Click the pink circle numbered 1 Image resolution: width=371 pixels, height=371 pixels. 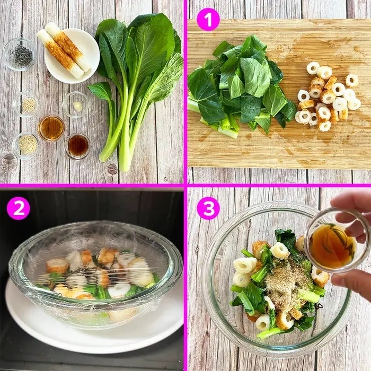(208, 19)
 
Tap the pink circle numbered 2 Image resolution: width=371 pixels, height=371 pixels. (19, 208)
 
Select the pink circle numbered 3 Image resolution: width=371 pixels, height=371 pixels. (208, 208)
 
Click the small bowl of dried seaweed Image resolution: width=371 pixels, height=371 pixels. (20, 54)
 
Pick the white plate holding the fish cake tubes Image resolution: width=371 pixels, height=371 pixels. (72, 56)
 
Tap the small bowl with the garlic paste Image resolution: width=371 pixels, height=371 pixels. (76, 104)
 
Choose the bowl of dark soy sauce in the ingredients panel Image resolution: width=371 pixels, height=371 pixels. (77, 146)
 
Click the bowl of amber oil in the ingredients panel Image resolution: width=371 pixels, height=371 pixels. (51, 128)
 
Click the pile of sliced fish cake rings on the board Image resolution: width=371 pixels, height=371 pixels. (328, 96)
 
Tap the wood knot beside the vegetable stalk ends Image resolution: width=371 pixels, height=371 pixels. (112, 169)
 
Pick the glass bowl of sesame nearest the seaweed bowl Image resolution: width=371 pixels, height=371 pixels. (25, 104)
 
